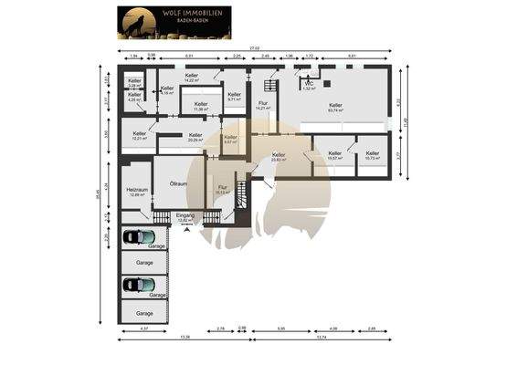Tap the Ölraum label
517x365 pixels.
(179, 184)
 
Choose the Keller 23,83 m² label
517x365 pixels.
(280, 156)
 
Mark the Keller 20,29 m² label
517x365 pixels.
(195, 138)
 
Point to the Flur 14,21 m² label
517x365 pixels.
(262, 106)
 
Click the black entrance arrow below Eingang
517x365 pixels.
(187, 230)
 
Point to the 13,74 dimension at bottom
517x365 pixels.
(321, 337)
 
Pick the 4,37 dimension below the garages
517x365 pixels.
(143, 327)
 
